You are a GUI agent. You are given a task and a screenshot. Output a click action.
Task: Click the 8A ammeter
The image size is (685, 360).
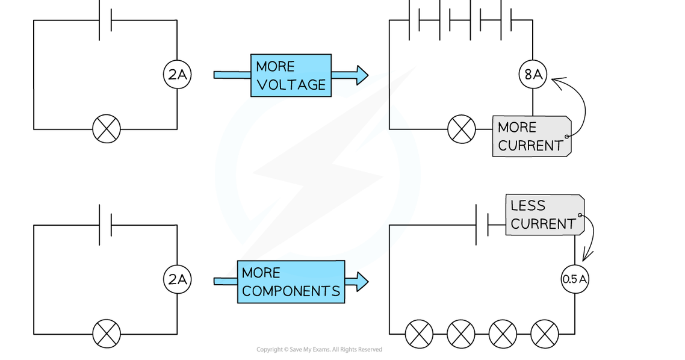point(533,75)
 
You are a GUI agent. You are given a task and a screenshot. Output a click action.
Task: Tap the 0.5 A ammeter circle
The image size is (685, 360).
point(575,279)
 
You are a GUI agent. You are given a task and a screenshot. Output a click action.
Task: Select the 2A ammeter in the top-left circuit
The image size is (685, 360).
point(177,75)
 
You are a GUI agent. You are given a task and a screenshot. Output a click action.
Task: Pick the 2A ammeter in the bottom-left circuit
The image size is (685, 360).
point(177,279)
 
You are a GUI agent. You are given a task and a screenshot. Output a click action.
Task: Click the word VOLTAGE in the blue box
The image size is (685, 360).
point(291,85)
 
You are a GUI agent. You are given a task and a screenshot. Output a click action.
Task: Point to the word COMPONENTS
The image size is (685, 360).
point(291,291)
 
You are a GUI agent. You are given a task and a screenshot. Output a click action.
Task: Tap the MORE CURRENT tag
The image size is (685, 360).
point(531,137)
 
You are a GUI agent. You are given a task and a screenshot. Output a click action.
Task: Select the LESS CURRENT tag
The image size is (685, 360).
point(544,215)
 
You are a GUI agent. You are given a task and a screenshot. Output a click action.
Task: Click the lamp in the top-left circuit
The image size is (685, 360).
point(106,129)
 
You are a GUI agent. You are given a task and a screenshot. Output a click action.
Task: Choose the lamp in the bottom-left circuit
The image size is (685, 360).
point(106,334)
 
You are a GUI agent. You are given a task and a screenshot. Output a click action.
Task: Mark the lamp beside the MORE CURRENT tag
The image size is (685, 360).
point(462,129)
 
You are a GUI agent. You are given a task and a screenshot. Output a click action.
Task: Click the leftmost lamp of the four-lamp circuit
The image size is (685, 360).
point(419,334)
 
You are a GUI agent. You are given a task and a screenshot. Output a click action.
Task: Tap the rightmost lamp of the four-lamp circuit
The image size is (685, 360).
point(544,334)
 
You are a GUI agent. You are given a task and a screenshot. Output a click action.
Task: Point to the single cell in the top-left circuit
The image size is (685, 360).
point(105,20)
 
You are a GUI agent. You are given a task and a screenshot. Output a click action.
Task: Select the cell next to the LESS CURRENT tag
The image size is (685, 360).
point(482,225)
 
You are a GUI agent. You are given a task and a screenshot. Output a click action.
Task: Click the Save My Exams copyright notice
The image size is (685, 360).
point(319,350)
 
